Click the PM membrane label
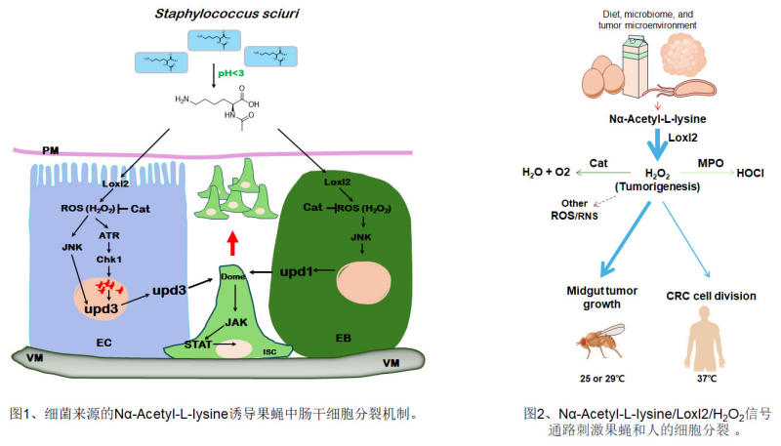[52, 152]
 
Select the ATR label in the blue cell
[110, 235]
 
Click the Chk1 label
[108, 261]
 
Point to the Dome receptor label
[231, 275]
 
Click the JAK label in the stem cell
[235, 321]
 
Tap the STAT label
[199, 343]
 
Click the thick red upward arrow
[232, 241]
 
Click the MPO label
[710, 160]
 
